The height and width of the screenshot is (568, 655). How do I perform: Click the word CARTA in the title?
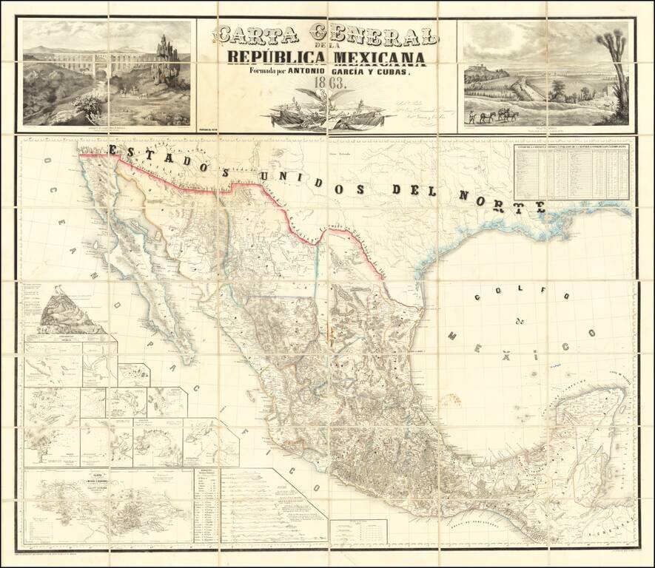click(257, 35)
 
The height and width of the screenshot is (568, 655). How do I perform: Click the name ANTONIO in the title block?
click(318, 71)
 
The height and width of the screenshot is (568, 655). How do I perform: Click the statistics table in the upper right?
click(571, 172)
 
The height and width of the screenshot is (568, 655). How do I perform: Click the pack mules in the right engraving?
click(497, 115)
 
